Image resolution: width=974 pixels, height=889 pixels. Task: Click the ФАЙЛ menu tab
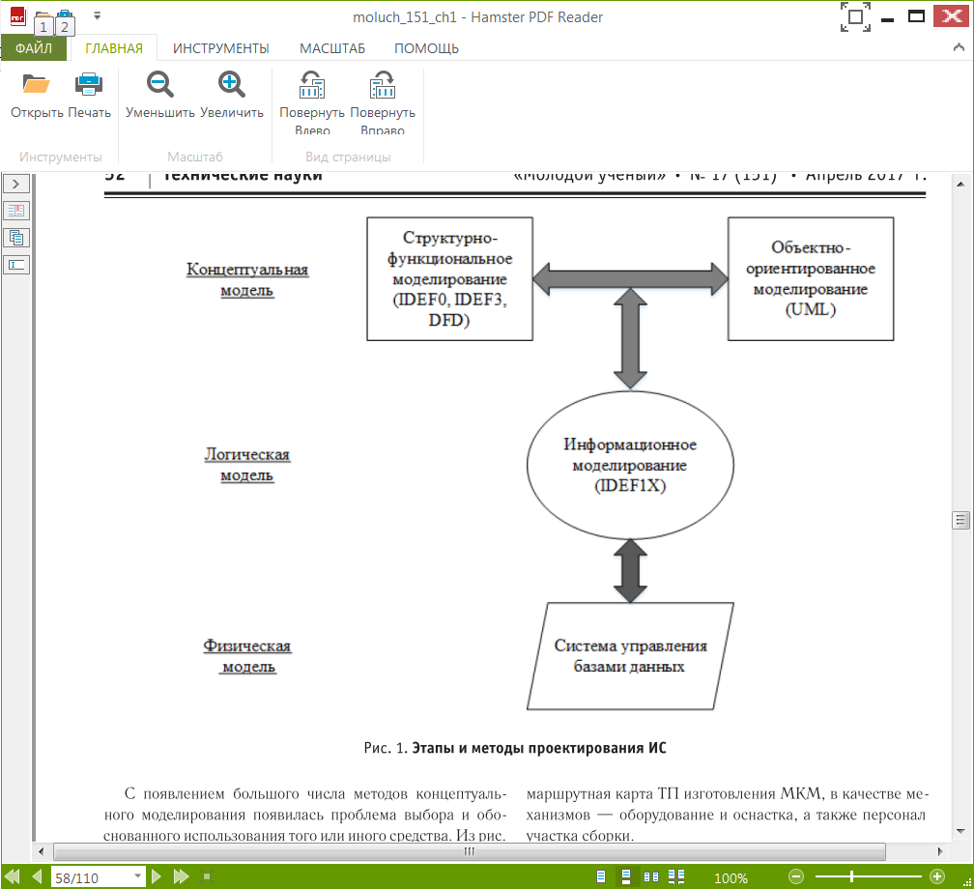pos(34,48)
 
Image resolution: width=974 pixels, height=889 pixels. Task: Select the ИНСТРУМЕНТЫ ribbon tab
pos(220,48)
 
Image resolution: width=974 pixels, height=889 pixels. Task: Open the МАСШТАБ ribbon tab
pos(331,48)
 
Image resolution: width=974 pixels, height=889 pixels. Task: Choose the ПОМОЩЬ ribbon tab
pos(426,48)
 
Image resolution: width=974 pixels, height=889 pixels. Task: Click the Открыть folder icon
pos(37,85)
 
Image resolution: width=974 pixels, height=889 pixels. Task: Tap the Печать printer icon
pos(89,85)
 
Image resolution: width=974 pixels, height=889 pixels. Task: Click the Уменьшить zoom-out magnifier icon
pos(159,85)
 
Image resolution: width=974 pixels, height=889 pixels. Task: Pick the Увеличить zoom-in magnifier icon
pos(232,85)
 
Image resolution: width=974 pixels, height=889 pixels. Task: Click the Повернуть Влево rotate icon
pos(311,87)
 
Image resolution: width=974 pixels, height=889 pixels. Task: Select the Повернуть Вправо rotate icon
pos(383,87)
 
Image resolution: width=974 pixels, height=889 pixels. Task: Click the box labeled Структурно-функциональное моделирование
pos(449,278)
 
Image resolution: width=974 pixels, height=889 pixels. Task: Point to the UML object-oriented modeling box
pos(810,278)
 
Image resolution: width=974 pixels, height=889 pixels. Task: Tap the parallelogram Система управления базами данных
pos(630,656)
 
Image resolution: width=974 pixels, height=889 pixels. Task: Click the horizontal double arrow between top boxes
pos(630,278)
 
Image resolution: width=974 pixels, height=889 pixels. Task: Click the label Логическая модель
pos(246,465)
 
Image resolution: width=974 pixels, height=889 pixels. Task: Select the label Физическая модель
pos(247,656)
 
